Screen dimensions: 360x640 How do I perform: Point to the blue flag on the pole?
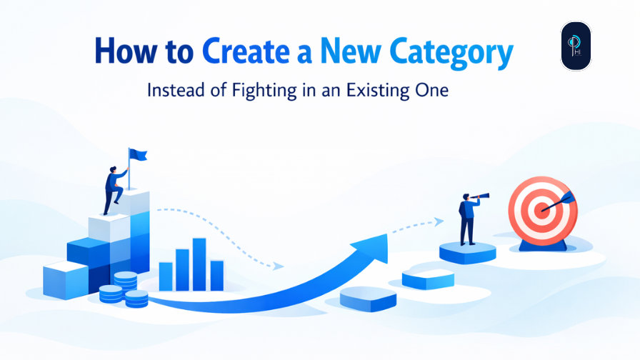pyautogui.click(x=137, y=154)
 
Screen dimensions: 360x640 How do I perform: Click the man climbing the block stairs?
pyautogui.click(x=114, y=187)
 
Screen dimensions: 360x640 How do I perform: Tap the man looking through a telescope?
pyautogui.click(x=469, y=219)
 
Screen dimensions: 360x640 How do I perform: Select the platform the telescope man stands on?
pyautogui.click(x=467, y=251)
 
